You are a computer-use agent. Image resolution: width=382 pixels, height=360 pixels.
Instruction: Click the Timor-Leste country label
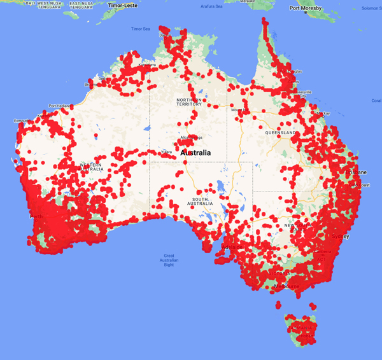(x=124, y=5)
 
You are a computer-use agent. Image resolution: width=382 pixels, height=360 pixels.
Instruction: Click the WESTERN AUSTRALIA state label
(x=92, y=167)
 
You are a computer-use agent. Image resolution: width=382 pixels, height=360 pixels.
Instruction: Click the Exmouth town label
(x=22, y=120)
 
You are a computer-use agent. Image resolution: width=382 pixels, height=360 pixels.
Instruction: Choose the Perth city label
(x=36, y=216)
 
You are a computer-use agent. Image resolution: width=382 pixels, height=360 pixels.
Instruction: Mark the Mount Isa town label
(x=240, y=110)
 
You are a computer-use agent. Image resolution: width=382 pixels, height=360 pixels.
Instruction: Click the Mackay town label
(x=324, y=113)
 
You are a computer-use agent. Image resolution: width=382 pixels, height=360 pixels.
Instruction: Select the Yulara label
(x=167, y=152)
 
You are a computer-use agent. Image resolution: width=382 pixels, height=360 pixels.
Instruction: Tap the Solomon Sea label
(x=371, y=9)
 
